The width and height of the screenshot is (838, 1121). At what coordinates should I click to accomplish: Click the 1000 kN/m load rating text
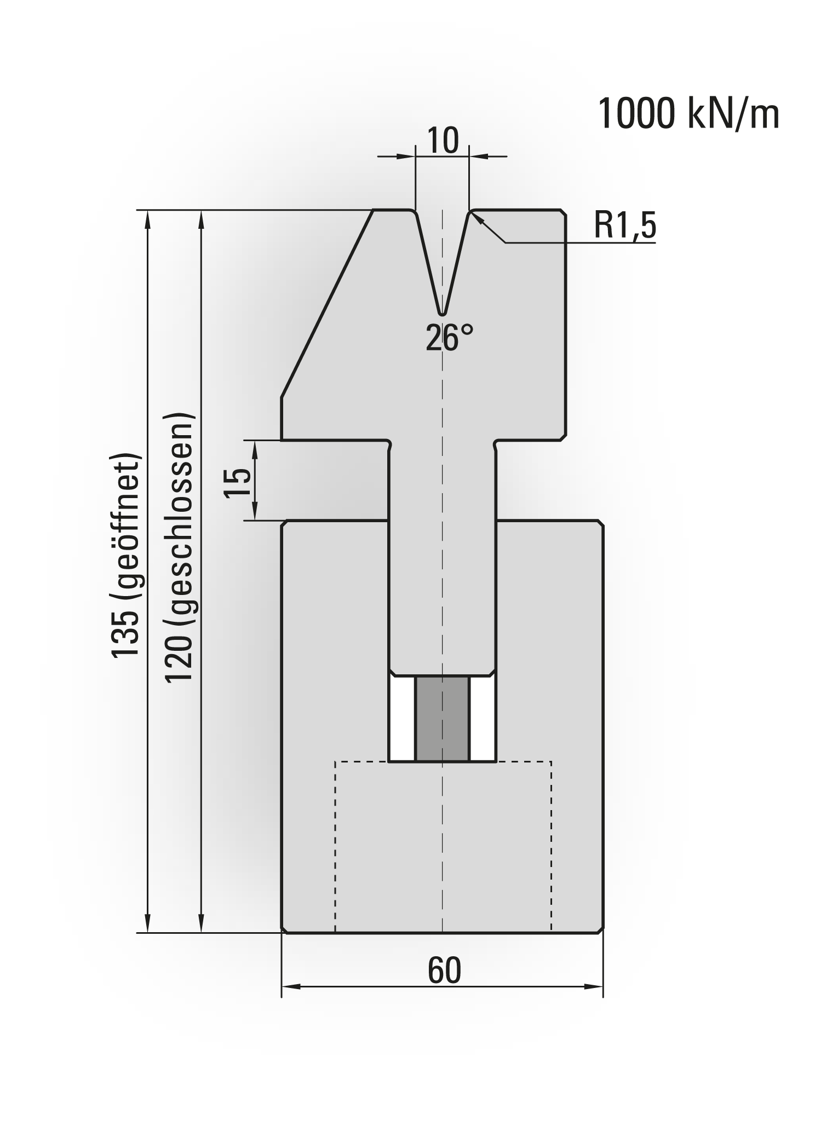[689, 114]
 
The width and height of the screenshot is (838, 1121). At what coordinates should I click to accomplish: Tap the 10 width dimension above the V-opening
[443, 141]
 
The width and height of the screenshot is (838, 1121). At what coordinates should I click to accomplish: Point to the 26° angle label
[449, 338]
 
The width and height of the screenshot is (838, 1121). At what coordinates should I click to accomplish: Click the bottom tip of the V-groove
[442, 314]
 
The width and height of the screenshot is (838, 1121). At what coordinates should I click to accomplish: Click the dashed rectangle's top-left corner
[335, 761]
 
